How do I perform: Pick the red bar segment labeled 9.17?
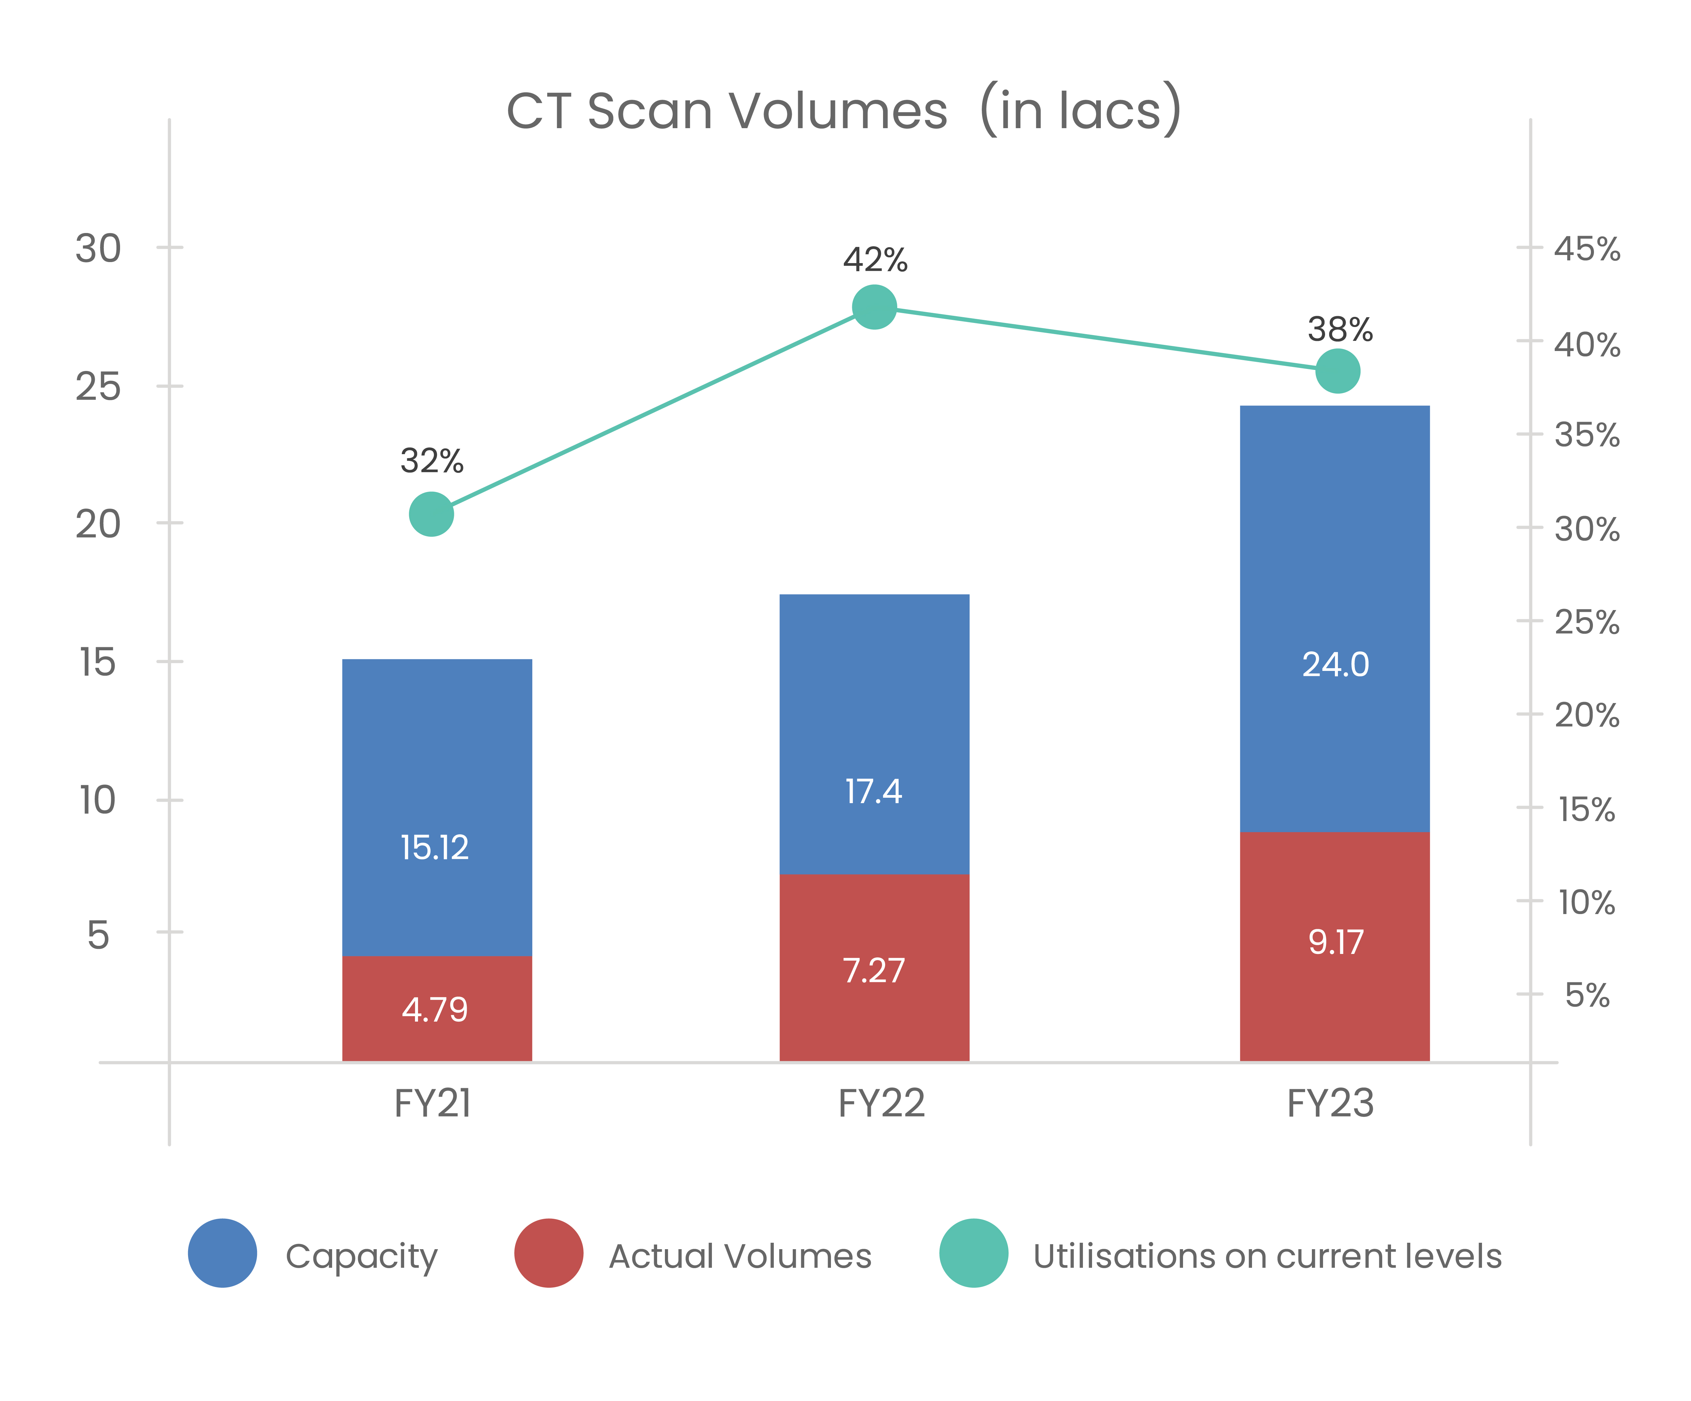(1334, 946)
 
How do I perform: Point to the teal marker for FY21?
(432, 514)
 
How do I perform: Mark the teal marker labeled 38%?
(1338, 371)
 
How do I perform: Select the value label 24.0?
(1335, 664)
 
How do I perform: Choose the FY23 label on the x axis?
(1330, 1103)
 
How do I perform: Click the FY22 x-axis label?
(882, 1103)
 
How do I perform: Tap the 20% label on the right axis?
(1586, 715)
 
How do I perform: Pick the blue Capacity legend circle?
(222, 1253)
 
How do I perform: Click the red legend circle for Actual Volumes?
(548, 1253)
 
